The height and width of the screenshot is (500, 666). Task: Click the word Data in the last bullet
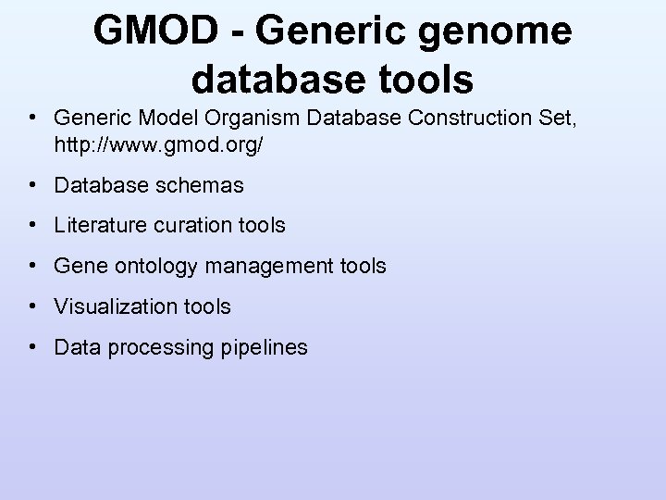coord(75,347)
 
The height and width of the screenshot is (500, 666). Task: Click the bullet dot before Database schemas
coord(32,185)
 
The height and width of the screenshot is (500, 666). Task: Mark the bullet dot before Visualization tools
coord(32,306)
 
